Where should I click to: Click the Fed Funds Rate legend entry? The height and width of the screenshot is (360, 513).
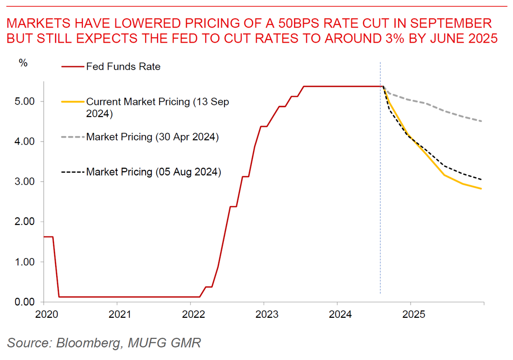click(x=123, y=66)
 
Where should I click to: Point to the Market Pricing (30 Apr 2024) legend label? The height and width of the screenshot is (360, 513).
click(x=153, y=137)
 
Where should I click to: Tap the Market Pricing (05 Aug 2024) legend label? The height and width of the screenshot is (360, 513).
click(x=154, y=172)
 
